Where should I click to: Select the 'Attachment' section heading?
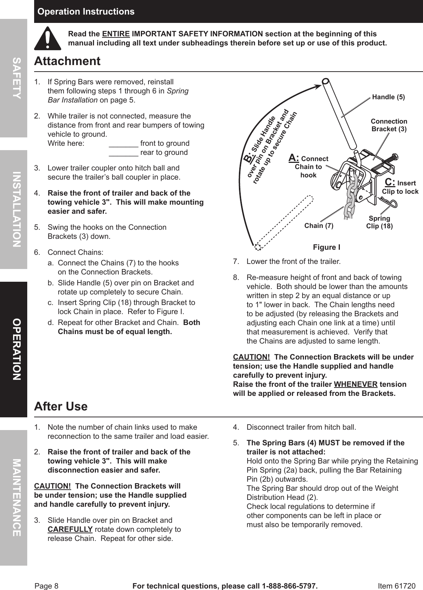(x=67, y=61)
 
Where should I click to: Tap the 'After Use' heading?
(x=61, y=406)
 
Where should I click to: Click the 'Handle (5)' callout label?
(x=388, y=97)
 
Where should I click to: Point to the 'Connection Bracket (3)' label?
(x=389, y=125)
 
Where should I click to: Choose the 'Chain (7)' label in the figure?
(x=318, y=226)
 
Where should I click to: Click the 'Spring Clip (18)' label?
(x=379, y=222)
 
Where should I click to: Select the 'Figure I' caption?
(x=326, y=248)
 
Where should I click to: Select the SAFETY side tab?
(x=13, y=78)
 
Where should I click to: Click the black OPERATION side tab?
(x=13, y=349)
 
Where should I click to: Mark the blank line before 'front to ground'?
(x=123, y=144)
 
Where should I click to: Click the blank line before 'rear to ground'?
(x=123, y=153)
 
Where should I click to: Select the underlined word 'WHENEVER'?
(x=355, y=385)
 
